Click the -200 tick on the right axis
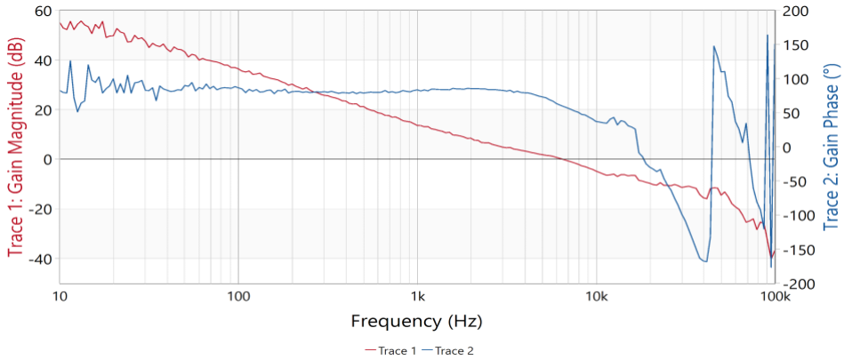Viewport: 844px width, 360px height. [797, 284]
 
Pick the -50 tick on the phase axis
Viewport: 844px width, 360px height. [793, 181]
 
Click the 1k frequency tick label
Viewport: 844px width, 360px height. [417, 296]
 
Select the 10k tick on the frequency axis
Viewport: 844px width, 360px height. [596, 296]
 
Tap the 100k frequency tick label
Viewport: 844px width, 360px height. [776, 296]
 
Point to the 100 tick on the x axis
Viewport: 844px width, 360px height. [237, 296]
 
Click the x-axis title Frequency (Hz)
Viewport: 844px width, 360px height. [417, 321]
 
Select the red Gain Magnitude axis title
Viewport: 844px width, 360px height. [16, 147]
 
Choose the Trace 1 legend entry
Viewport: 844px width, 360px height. [391, 350]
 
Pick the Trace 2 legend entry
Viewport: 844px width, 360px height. [449, 350]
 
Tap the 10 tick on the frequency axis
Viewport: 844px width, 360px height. [60, 296]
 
